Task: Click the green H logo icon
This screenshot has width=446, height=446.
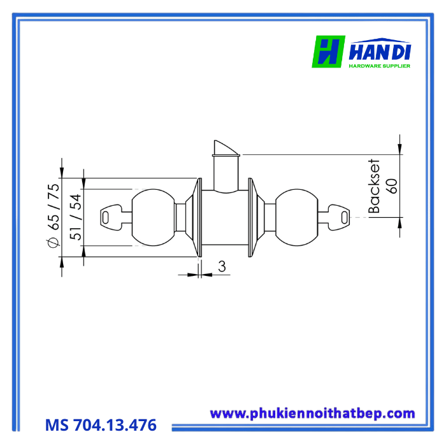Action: (x=329, y=52)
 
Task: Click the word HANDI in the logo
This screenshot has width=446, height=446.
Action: (x=380, y=51)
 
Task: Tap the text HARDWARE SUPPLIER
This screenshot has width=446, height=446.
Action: (x=380, y=66)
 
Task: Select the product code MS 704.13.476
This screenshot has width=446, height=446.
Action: (x=101, y=425)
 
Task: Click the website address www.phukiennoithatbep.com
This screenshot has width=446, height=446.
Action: (x=312, y=414)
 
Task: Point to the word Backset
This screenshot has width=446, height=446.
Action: (x=374, y=186)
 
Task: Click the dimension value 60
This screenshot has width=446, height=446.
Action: (x=392, y=186)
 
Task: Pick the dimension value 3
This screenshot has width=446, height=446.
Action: (x=222, y=266)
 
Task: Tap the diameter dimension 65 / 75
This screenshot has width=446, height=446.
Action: (x=54, y=207)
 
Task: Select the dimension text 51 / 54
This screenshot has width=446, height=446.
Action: (x=76, y=217)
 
